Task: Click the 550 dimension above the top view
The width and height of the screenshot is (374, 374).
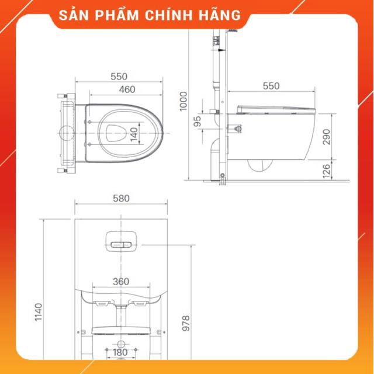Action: tap(119, 77)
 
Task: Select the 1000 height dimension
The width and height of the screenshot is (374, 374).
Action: tap(185, 101)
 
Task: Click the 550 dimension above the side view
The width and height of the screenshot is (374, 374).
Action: tap(271, 86)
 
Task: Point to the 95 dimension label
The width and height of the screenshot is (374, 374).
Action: tap(198, 121)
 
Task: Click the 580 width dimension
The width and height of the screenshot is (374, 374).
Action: tap(121, 198)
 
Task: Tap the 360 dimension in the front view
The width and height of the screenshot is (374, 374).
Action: tap(120, 281)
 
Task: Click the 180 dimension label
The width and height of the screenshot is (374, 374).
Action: tap(120, 352)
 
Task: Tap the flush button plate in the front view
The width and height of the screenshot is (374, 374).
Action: tap(122, 240)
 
